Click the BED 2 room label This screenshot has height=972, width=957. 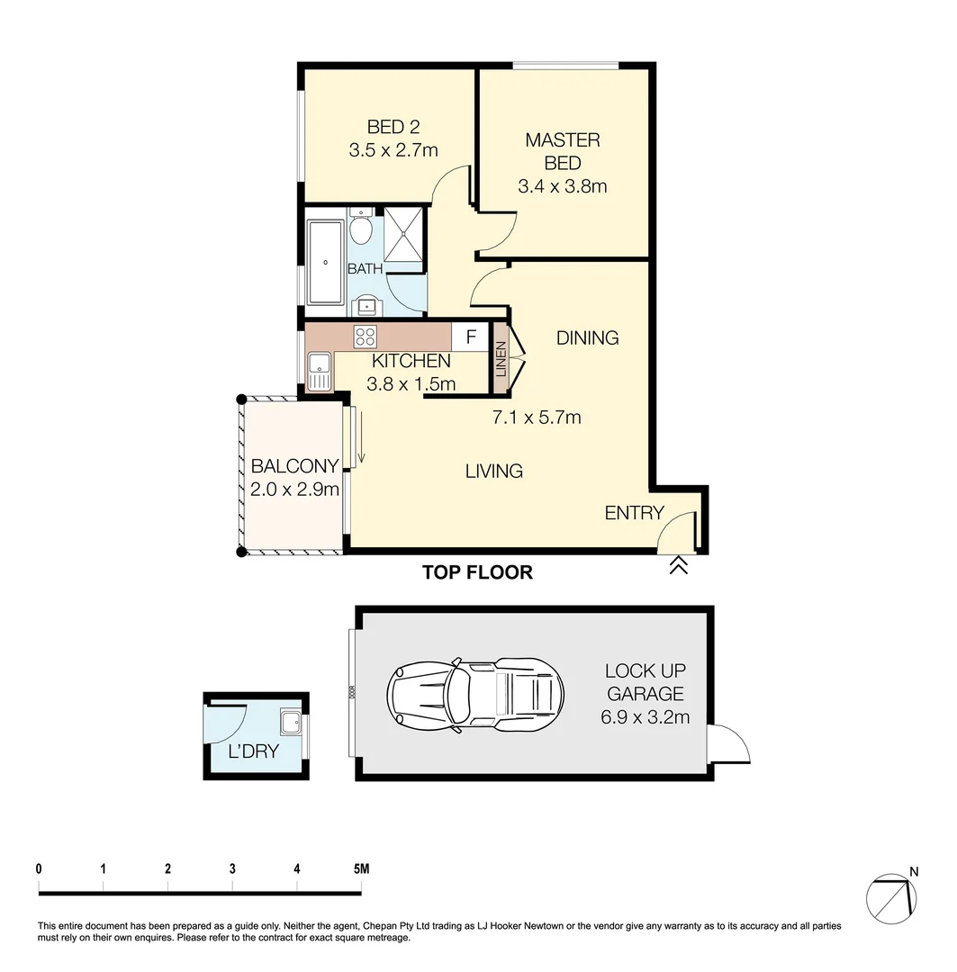(x=393, y=127)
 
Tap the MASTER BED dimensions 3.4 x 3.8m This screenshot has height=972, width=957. (x=562, y=187)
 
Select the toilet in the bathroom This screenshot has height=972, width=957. (x=361, y=230)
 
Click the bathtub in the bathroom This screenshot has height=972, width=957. (x=325, y=262)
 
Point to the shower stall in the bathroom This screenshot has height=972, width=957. (x=403, y=236)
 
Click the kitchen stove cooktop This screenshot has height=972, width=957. (x=366, y=337)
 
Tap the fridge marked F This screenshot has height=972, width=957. (x=470, y=337)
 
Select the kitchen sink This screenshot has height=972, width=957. (x=319, y=371)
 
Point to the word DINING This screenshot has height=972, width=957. (x=587, y=338)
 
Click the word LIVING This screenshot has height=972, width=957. (x=494, y=471)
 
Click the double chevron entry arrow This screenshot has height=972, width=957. (x=678, y=565)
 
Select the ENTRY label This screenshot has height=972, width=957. (x=634, y=513)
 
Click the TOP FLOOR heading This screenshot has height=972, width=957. (x=477, y=572)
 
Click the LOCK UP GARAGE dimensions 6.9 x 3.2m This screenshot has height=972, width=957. (x=645, y=717)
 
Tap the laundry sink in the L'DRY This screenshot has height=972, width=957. (x=291, y=723)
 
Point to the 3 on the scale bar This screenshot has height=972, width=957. (x=232, y=869)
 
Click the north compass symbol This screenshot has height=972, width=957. (x=890, y=896)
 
